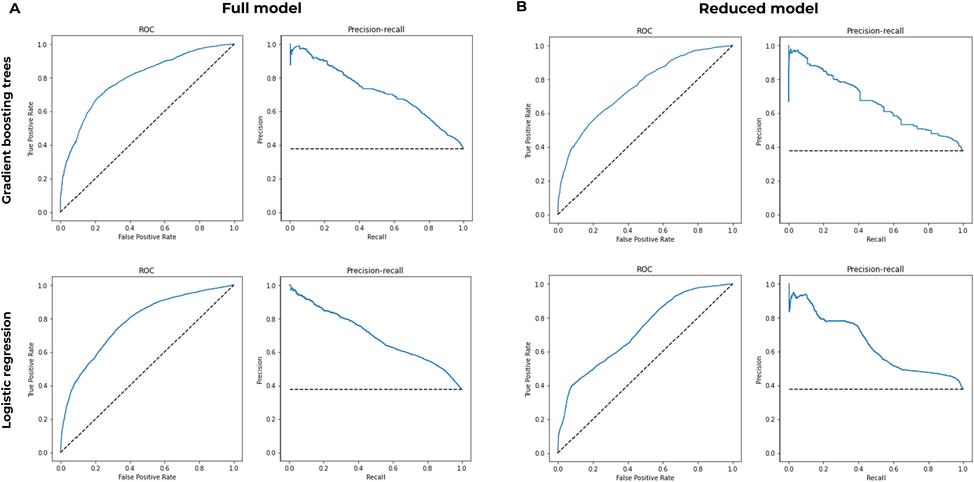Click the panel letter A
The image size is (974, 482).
click(x=15, y=8)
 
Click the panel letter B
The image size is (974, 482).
click(x=521, y=7)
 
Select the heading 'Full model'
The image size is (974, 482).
click(x=262, y=8)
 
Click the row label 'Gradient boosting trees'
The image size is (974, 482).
click(x=7, y=131)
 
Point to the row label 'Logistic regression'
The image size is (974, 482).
click(x=7, y=370)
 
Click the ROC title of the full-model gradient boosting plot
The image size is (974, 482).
click(x=147, y=29)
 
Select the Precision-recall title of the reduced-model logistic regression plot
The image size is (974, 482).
click(x=875, y=269)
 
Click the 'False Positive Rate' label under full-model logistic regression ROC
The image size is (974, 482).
click(x=147, y=477)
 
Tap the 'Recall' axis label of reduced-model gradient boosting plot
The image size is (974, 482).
click(x=876, y=239)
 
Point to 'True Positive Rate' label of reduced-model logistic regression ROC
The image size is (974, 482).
click(x=528, y=369)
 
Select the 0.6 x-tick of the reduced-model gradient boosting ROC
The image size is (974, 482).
click(x=663, y=230)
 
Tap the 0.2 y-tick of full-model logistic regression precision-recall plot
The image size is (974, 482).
click(x=271, y=419)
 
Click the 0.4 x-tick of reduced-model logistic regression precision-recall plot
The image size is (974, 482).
click(x=858, y=469)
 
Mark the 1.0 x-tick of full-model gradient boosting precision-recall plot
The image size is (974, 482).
click(x=463, y=228)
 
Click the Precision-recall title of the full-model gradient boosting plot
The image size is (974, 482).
click(x=376, y=29)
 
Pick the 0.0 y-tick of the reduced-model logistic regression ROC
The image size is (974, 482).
click(x=540, y=453)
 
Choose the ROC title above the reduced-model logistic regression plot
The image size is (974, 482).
click(x=645, y=269)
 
